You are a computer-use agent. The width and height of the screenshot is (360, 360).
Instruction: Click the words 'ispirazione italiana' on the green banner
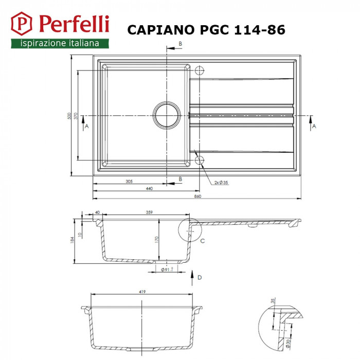coord(60,44)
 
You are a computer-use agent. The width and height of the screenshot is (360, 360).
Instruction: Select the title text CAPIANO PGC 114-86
coord(206,30)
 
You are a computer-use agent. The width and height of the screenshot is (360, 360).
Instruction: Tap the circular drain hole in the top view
coord(167,115)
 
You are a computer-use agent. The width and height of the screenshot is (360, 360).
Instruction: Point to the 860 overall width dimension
coord(197,196)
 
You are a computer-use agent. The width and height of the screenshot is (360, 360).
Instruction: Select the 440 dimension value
coord(149,189)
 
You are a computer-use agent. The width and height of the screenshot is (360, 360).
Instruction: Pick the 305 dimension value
coord(129,182)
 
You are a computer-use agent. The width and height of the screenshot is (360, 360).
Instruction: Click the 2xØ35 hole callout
coord(222,182)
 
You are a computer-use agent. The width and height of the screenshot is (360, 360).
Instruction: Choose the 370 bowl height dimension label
coord(76,116)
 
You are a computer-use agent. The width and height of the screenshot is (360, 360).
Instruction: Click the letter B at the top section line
coord(181,44)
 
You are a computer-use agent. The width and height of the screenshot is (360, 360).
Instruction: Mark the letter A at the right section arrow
coord(314,125)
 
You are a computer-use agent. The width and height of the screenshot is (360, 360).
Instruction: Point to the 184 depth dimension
coord(73,240)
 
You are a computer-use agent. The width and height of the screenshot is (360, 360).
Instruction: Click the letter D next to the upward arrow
coord(199,278)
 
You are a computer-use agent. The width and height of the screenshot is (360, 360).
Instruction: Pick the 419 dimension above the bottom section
coord(142,292)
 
